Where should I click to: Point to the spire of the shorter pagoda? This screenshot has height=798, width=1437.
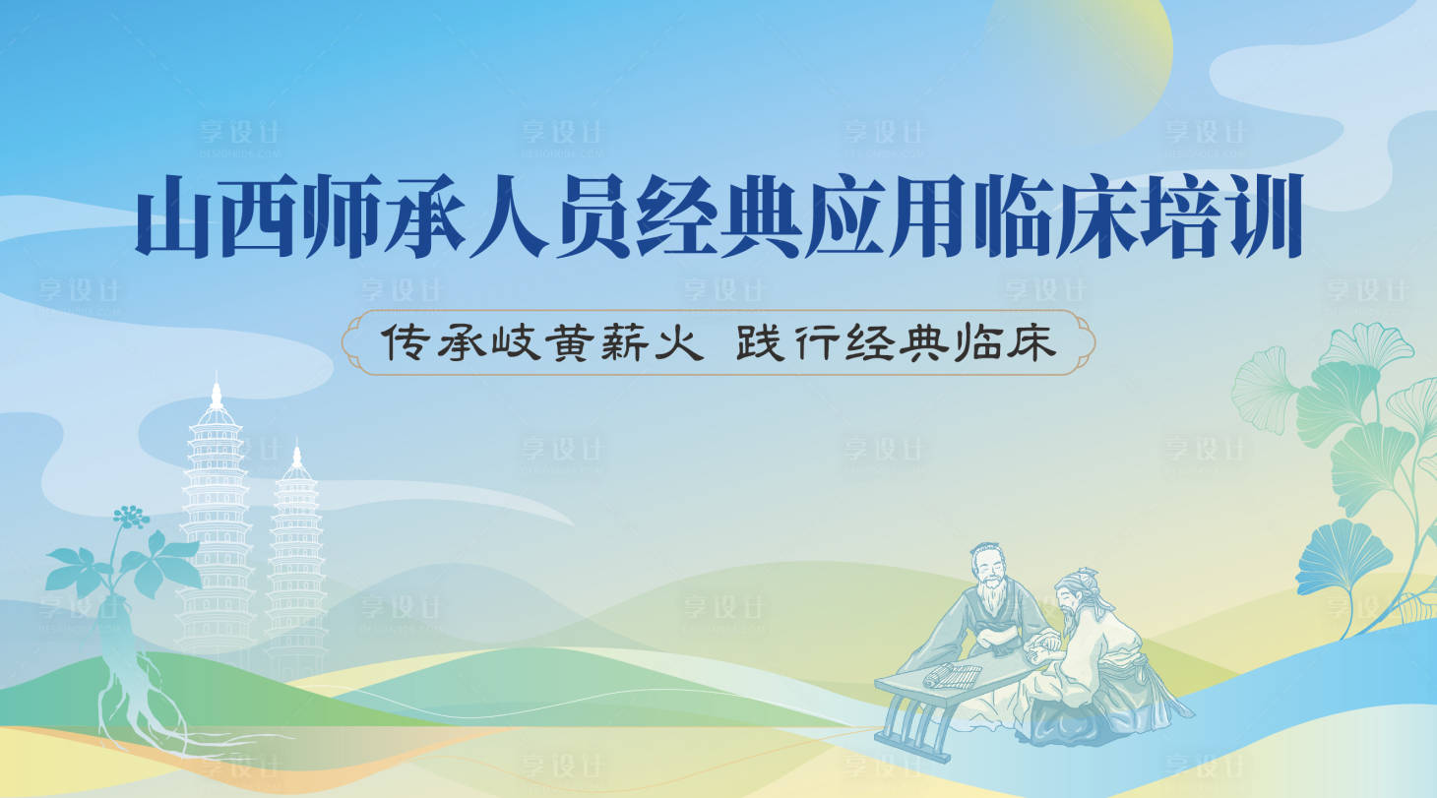pos(296,457)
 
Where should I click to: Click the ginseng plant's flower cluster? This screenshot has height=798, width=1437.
pos(130,516)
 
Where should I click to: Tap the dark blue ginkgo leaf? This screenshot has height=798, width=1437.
pos(1343,556)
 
